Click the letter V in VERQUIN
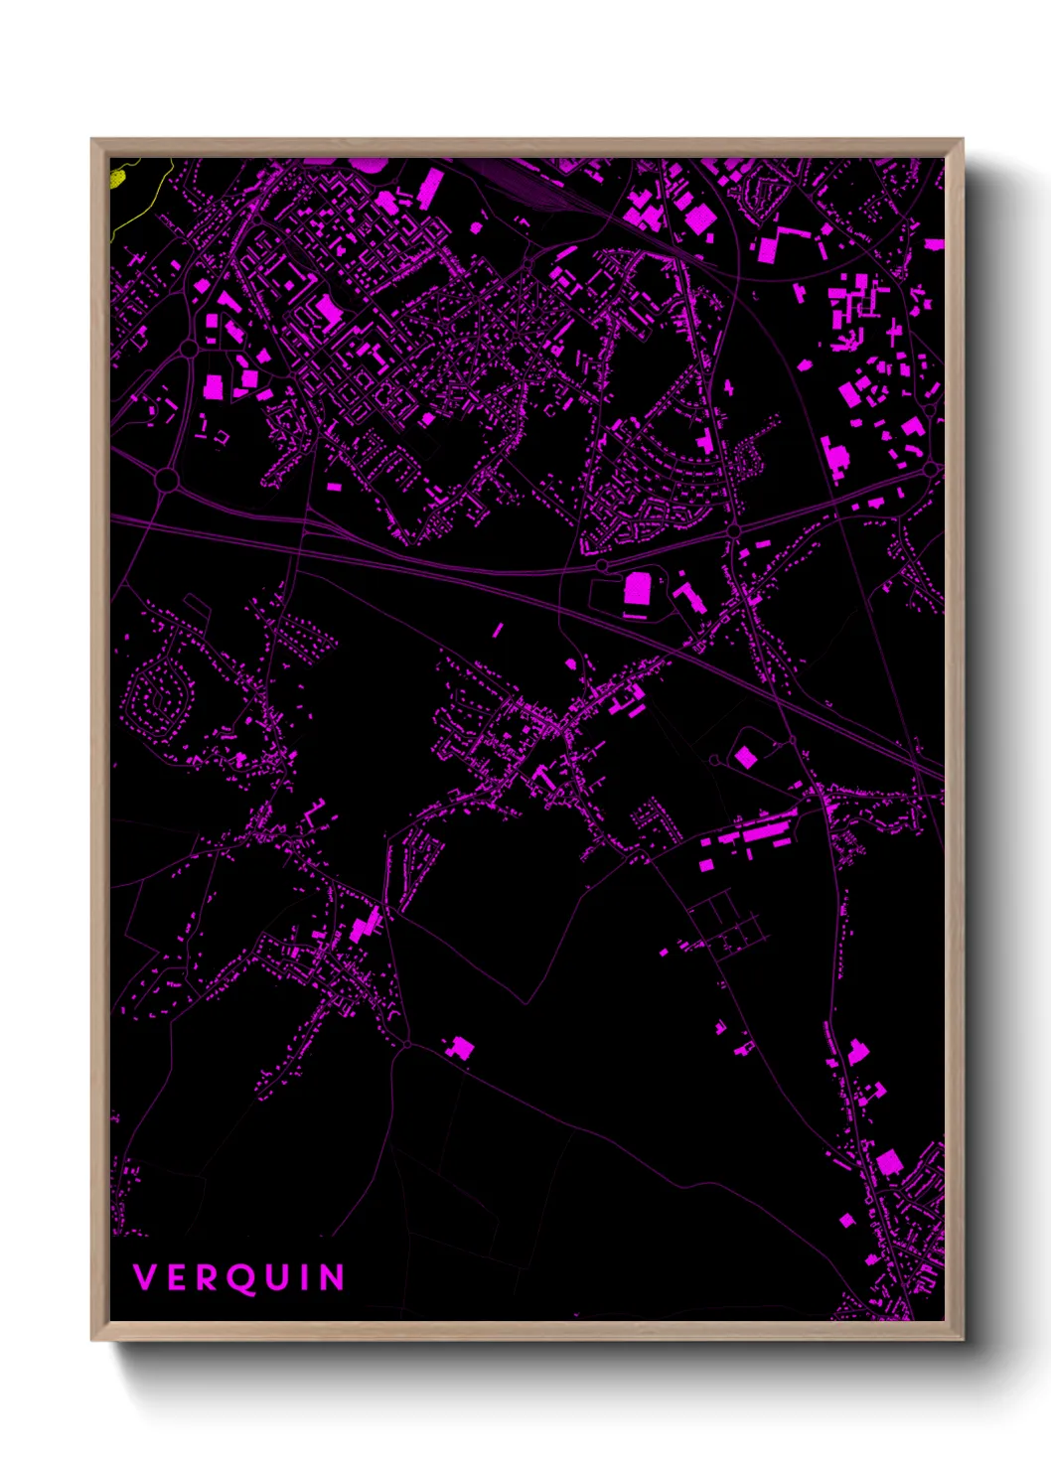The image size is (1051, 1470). point(145,1277)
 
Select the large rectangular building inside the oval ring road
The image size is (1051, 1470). point(637,589)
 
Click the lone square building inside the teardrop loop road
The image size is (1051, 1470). point(745,758)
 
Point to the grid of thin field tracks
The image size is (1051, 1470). point(730,924)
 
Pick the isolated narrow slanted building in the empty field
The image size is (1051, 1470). point(498,630)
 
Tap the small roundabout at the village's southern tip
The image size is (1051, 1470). point(406,1044)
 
